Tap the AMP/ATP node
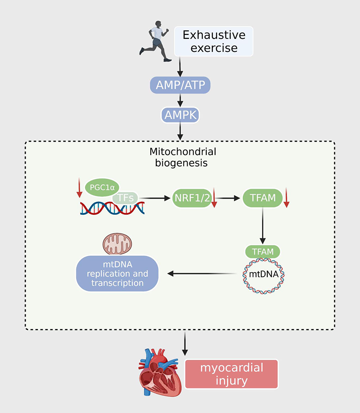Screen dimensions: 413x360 180,85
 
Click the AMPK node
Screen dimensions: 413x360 180,115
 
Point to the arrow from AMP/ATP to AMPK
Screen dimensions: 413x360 180,100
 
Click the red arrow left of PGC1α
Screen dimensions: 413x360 79,187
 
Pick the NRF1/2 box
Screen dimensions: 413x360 191,198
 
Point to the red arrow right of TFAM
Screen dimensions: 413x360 286,198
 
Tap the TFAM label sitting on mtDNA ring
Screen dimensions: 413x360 262,251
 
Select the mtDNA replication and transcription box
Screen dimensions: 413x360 117,274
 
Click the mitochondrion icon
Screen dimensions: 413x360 117,244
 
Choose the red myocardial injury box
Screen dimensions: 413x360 232,374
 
